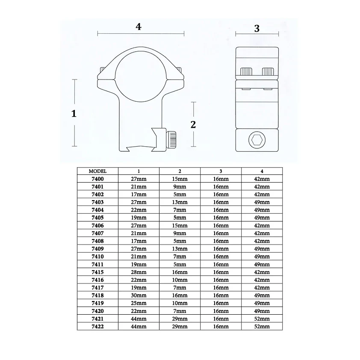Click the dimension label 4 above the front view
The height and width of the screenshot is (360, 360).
click(x=139, y=27)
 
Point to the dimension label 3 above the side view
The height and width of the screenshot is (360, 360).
click(x=257, y=29)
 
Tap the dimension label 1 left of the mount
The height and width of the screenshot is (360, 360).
click(x=74, y=114)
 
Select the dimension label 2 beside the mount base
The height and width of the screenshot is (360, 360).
click(x=193, y=125)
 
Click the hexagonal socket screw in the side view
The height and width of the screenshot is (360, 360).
click(x=257, y=140)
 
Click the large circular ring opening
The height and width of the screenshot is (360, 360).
click(x=141, y=76)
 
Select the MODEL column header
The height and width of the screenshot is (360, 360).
click(x=97, y=171)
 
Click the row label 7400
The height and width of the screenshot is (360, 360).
click(x=97, y=179)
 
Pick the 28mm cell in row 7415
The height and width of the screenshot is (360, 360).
click(x=139, y=272)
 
